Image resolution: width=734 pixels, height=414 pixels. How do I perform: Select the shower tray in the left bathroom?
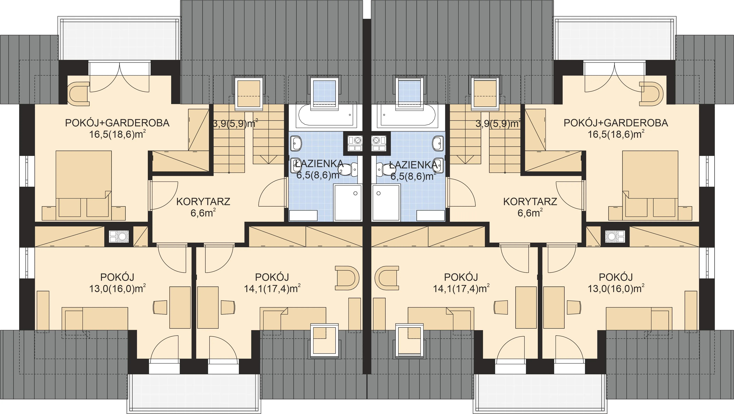[x=348, y=202]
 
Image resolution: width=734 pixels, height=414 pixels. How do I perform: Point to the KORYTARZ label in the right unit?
[x=530, y=202]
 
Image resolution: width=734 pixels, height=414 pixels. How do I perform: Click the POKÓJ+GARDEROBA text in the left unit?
[x=117, y=123]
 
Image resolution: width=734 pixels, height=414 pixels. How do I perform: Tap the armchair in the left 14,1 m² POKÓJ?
[x=347, y=278]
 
